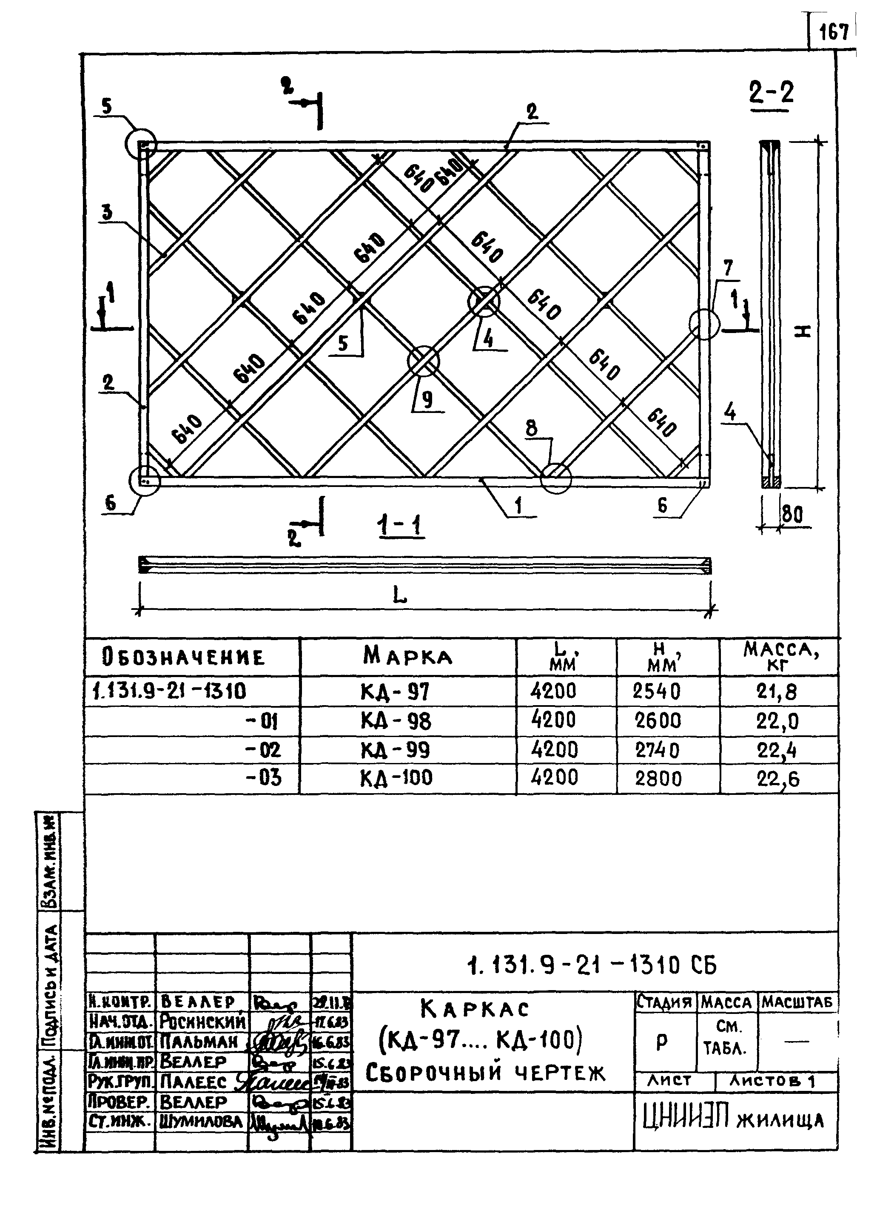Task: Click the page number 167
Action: pyautogui.click(x=833, y=34)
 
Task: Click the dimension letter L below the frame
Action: pyautogui.click(x=399, y=595)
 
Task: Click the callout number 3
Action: pyautogui.click(x=107, y=212)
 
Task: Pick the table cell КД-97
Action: pyautogui.click(x=395, y=692)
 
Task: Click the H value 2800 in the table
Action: pyautogui.click(x=658, y=779)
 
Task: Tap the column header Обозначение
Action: pyautogui.click(x=183, y=658)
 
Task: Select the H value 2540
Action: pyautogui.click(x=657, y=692)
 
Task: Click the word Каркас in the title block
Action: pyautogui.click(x=475, y=1008)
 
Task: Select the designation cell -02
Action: pyautogui.click(x=262, y=750)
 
